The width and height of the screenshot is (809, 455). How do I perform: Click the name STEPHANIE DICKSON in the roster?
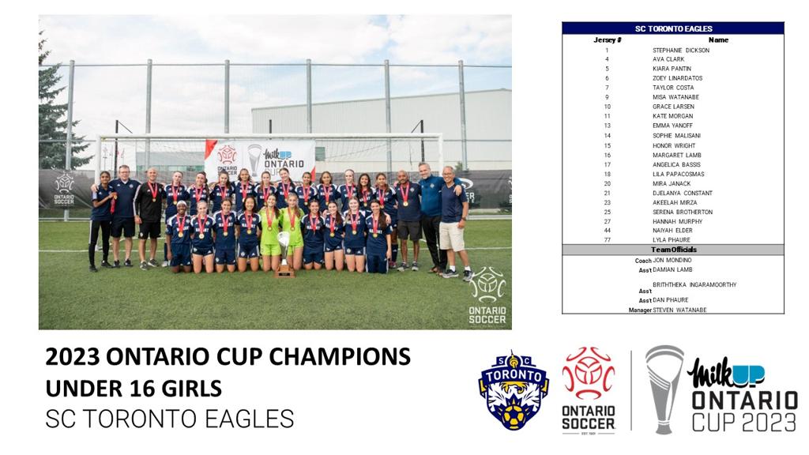tap(680, 51)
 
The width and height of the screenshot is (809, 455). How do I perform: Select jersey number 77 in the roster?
tap(607, 240)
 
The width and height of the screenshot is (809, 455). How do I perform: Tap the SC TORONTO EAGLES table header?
tap(673, 29)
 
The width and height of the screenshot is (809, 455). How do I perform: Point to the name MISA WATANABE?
tap(675, 97)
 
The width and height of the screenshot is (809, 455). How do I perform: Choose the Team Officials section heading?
tap(673, 250)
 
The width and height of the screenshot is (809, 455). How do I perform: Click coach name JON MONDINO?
tap(672, 261)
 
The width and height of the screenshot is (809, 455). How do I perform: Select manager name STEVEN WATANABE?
tap(679, 310)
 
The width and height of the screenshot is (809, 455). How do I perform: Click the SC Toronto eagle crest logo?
tap(514, 390)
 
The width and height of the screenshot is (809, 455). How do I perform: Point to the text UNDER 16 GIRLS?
tap(134, 389)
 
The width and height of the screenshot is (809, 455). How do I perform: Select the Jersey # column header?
tap(608, 39)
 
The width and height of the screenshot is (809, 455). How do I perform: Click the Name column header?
tap(718, 39)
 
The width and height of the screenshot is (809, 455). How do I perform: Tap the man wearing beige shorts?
tap(453, 222)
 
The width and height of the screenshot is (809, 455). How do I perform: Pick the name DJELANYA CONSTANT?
tap(682, 193)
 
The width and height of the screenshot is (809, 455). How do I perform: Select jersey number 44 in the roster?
tap(607, 231)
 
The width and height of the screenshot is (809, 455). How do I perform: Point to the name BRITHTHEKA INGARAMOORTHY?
tap(694, 284)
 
